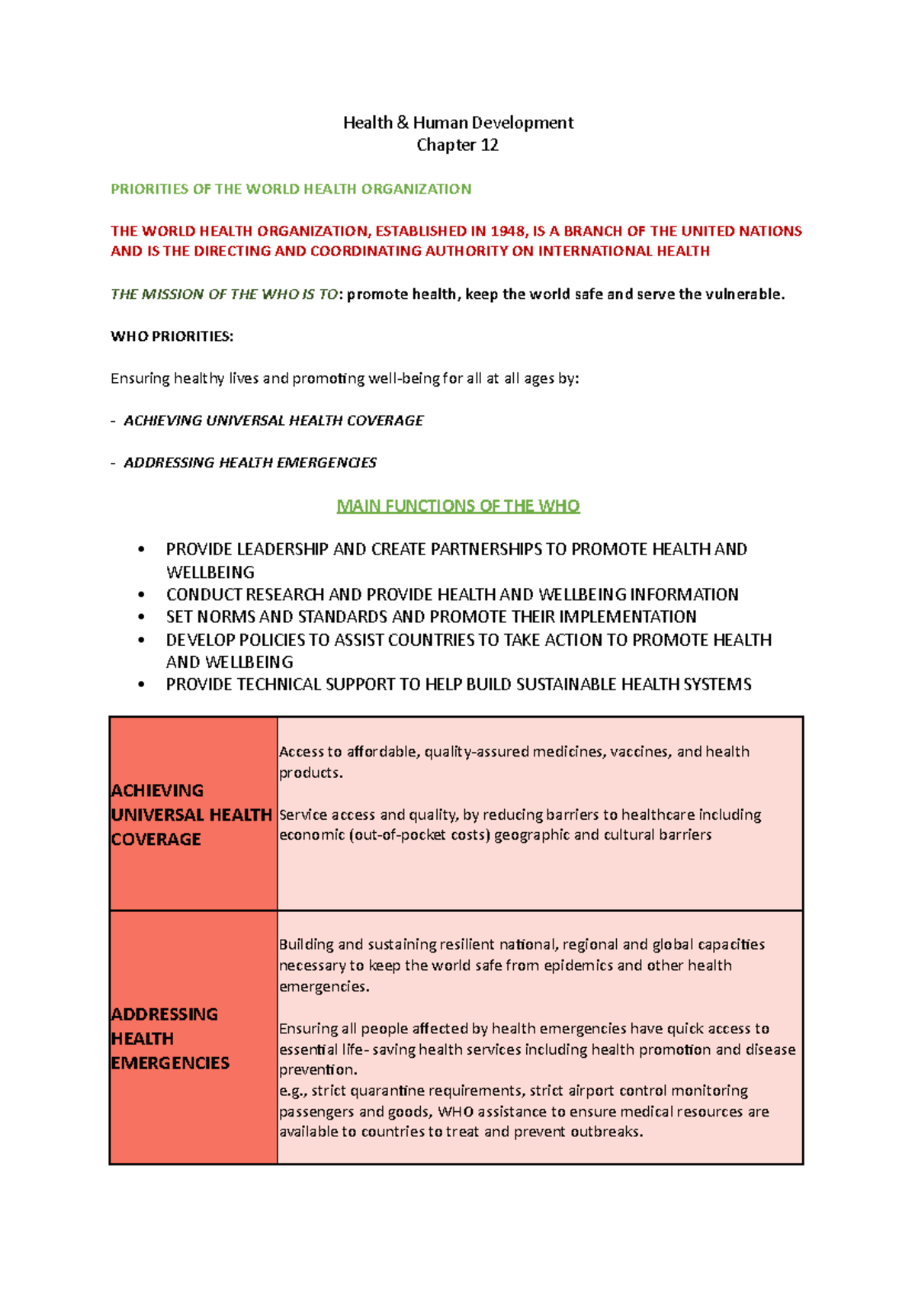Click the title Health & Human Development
point(457,123)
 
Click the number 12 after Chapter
point(489,145)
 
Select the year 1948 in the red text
point(507,231)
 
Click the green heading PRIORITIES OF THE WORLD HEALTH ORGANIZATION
point(291,189)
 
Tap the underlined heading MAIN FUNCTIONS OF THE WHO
point(458,506)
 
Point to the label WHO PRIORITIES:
point(172,336)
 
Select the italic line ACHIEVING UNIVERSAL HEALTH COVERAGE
point(273,420)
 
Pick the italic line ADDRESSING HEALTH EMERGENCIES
point(249,462)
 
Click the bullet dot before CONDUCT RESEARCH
point(141,595)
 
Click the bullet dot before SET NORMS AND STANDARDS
point(141,617)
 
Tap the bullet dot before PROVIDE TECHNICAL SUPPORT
point(141,685)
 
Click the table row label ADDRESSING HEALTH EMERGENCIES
point(169,1038)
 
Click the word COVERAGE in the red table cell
point(156,839)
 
